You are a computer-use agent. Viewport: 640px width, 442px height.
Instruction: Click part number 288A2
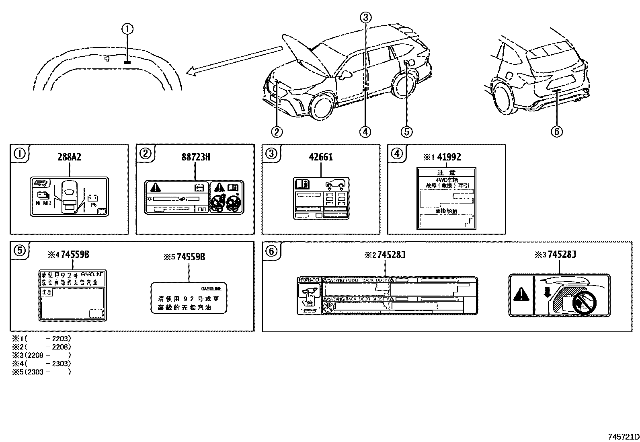click(x=69, y=157)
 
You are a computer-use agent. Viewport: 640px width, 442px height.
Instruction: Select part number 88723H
click(x=195, y=157)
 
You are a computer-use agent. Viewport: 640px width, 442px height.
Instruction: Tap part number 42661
click(x=321, y=157)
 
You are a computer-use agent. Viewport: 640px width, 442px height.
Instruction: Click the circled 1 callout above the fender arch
click(x=127, y=29)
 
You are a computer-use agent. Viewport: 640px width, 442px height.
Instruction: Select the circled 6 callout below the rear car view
click(x=557, y=132)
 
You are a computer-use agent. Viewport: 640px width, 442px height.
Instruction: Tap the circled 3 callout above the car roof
click(x=365, y=17)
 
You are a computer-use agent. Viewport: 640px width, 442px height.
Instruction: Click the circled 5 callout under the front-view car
click(x=407, y=132)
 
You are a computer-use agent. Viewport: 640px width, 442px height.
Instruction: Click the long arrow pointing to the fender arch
click(x=233, y=61)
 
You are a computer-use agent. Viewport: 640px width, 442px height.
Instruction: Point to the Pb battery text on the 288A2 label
click(x=93, y=205)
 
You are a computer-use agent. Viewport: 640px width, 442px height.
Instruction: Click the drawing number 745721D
click(x=623, y=437)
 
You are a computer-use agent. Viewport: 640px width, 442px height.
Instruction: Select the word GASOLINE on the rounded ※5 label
click(x=211, y=289)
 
